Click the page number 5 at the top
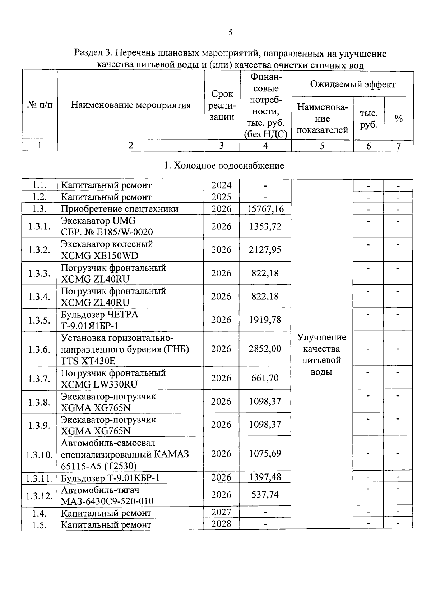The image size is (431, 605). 230,33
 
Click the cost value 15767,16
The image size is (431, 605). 265,209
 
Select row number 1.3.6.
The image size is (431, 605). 39,349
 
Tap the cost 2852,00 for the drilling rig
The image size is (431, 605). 265,349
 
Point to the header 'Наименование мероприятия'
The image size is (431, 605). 131,105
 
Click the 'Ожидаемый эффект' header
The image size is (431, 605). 352,84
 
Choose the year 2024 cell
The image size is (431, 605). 221,185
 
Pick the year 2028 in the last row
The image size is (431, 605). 221,524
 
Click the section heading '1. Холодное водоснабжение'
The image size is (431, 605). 224,165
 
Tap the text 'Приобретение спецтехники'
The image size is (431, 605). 120,209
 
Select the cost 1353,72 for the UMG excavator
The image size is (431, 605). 265,226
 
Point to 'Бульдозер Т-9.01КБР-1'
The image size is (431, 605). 110,478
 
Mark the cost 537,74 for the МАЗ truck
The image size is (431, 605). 265,495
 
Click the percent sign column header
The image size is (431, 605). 398,119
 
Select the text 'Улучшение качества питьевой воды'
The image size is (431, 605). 322,354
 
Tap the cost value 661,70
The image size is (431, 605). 265,378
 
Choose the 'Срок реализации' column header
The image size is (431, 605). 222,105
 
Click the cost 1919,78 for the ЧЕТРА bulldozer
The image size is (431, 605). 265,320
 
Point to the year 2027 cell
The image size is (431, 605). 221,512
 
